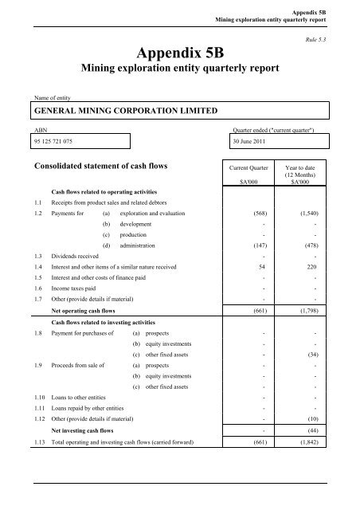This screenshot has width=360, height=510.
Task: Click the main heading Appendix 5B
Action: (179, 55)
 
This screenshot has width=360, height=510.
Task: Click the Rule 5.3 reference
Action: (317, 38)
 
